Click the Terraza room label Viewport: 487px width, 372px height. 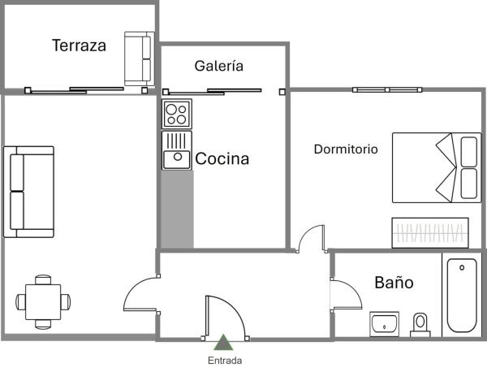79,45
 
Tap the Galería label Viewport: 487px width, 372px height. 218,67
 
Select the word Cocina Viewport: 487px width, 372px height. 222,159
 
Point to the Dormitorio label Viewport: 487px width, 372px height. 346,149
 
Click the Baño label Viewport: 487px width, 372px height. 394,283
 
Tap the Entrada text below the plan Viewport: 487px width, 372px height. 224,361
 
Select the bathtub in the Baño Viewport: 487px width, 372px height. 462,296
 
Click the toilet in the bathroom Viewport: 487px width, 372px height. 420,323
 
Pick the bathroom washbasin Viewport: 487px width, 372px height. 384,323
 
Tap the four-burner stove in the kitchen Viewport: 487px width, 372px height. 176,114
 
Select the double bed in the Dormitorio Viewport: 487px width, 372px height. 435,167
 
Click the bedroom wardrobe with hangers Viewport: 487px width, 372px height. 431,232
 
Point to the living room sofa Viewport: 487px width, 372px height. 28,192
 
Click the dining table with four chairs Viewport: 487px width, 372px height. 41,301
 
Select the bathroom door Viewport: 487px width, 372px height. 346,293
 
